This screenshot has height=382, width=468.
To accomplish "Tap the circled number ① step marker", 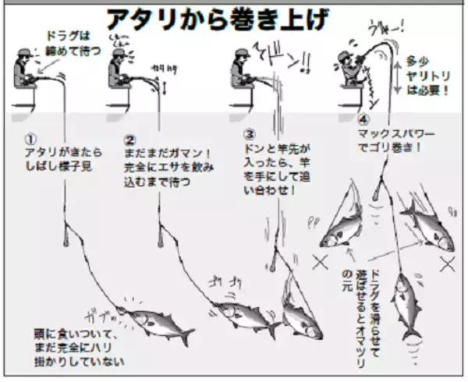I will point(30,138).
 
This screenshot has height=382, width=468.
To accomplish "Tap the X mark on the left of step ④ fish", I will point(318,264).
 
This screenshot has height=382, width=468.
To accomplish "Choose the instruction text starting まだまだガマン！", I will point(168,159).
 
